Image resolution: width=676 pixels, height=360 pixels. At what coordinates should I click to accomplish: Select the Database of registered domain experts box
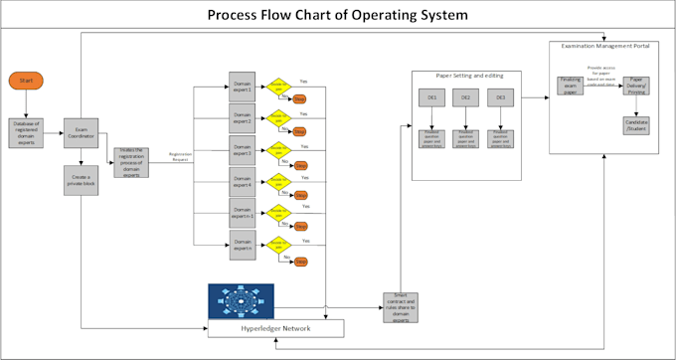(27, 131)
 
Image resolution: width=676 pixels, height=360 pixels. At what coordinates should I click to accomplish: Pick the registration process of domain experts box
(131, 161)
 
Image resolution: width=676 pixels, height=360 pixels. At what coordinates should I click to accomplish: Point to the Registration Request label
(181, 155)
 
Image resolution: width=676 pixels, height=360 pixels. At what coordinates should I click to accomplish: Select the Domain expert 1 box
(243, 87)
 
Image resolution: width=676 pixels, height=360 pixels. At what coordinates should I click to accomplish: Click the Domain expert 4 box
(243, 182)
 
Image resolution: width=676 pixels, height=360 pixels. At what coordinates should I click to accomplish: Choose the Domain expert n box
(243, 245)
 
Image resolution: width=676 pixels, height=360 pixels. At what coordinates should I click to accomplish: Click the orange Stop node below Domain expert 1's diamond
(299, 99)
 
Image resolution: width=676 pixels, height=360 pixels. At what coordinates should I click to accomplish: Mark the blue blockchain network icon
(241, 301)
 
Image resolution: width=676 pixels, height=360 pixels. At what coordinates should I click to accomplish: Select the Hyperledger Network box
(275, 328)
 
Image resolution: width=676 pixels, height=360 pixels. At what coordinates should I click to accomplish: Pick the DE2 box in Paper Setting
(465, 98)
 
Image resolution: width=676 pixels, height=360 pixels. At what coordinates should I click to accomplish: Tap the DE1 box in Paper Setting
(431, 98)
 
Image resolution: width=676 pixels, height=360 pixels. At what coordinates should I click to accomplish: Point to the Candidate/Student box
(636, 125)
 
